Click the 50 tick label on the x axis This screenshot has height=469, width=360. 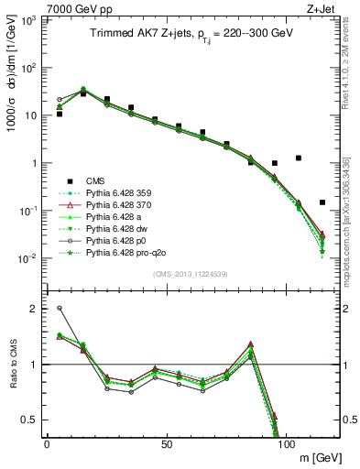pos(166,443)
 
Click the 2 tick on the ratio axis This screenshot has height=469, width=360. pos(34,309)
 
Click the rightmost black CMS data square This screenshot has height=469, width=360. pos(322,202)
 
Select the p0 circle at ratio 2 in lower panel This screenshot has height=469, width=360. pos(60,309)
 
